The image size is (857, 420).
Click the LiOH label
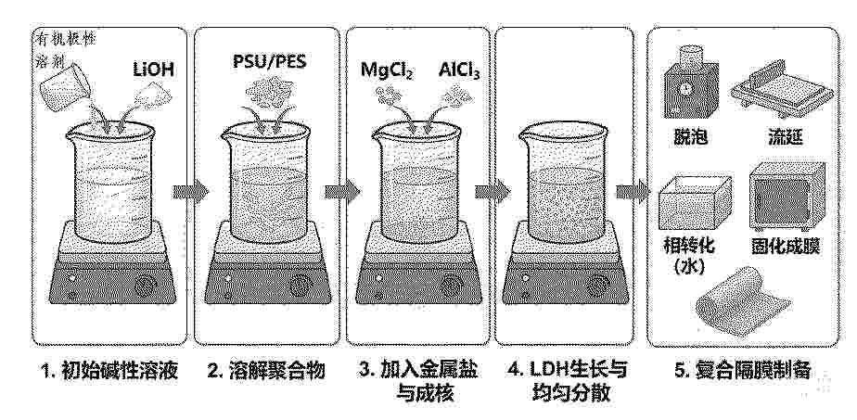155,69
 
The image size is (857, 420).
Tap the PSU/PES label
269,60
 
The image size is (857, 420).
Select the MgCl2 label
387,70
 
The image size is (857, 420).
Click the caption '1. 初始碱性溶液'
109,371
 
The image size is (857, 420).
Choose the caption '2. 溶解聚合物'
266,371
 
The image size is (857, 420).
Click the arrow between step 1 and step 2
191,192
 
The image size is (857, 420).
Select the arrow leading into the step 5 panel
633,192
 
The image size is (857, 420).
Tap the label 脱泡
691,137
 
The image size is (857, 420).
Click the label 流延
786,137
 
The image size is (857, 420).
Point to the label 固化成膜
785,247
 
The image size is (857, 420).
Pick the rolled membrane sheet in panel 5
743,301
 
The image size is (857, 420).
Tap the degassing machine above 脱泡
690,81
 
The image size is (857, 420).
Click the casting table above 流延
782,91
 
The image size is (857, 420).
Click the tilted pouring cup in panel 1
66,84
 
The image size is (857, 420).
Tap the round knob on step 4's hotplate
599,284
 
